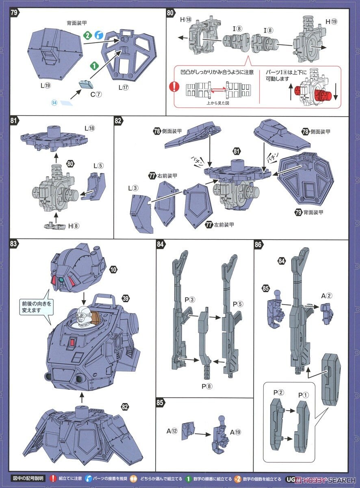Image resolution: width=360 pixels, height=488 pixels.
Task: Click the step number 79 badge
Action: pyautogui.click(x=14, y=12)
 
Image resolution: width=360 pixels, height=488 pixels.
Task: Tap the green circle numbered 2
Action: pyautogui.click(x=86, y=35)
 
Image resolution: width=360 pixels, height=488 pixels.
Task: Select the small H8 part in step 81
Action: pyautogui.click(x=51, y=224)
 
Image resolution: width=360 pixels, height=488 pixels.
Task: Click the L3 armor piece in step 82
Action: pyautogui.click(x=141, y=213)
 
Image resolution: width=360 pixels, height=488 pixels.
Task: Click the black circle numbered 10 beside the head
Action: pyautogui.click(x=113, y=270)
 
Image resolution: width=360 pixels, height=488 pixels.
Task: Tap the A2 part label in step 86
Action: pyautogui.click(x=326, y=296)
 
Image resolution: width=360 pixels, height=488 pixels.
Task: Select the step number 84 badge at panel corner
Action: pyautogui.click(x=161, y=244)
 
